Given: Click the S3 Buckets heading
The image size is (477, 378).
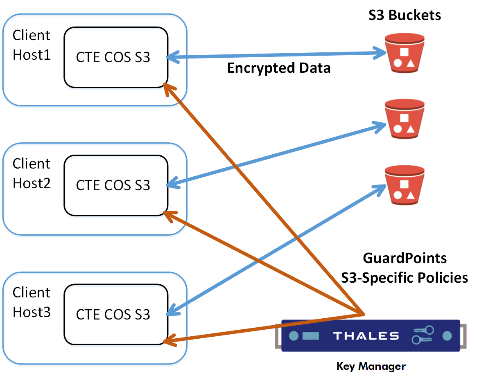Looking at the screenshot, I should pos(405,16).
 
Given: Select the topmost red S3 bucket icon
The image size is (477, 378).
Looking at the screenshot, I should pos(404,52).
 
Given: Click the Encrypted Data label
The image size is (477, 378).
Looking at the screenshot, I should pos(279,68).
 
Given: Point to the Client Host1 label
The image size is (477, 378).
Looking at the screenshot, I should pos(32,45).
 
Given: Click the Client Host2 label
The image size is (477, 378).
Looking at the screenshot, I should pos(32,173).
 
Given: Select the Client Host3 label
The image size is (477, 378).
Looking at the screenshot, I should pos(32,302).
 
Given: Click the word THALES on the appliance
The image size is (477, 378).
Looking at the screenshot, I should pos(366,336).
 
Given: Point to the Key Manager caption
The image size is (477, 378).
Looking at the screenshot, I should pos(371,366).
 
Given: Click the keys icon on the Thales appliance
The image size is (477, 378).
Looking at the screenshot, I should pos(423,335).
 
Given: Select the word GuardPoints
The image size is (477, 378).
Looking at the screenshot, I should pos(405,259).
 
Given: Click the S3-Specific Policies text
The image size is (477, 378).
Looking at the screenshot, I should pos(405,278).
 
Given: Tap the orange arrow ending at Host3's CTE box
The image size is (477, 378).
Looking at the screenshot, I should pos(262,328).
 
